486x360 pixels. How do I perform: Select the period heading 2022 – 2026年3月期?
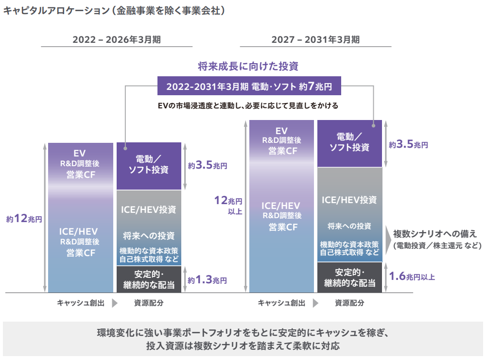(117, 40)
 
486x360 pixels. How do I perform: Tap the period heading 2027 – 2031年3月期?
(315, 40)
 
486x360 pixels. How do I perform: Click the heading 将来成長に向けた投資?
(248, 67)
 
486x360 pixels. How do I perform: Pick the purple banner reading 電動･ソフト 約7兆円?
(249, 87)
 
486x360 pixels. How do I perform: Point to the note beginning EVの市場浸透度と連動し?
(248, 105)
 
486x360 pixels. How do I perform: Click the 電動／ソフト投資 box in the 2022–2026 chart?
(149, 165)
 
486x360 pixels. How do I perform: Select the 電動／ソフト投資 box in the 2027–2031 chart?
(349, 142)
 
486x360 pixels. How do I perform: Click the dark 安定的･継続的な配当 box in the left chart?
(149, 280)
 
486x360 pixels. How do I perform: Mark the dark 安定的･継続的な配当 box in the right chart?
(349, 277)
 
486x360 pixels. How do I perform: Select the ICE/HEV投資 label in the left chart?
(149, 210)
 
